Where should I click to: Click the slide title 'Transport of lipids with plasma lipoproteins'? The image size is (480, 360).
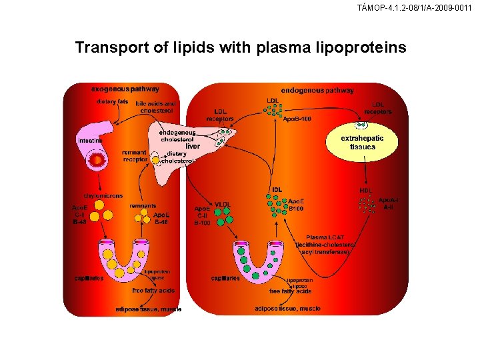(x=240, y=48)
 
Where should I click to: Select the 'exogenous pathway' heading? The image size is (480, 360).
(x=125, y=88)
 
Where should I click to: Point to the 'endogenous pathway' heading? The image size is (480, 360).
(x=317, y=90)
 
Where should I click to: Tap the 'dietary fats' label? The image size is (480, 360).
(x=112, y=101)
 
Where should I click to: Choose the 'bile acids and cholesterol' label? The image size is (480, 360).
(x=155, y=107)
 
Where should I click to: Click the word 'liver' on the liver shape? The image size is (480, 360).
(x=193, y=146)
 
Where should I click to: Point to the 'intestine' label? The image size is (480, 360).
(x=89, y=141)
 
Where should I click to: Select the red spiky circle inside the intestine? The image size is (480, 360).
(x=98, y=160)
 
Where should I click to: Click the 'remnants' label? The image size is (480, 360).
(x=143, y=206)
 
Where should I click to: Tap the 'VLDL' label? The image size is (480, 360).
(x=223, y=203)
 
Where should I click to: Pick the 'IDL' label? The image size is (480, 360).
(x=277, y=190)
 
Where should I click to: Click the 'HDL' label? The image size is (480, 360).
(x=366, y=190)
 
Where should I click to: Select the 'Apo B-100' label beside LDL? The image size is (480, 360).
(x=297, y=119)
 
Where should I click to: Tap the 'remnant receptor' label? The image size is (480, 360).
(x=135, y=156)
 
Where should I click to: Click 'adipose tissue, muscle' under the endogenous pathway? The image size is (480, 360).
(x=287, y=309)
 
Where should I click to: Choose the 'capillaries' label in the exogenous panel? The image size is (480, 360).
(x=89, y=278)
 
